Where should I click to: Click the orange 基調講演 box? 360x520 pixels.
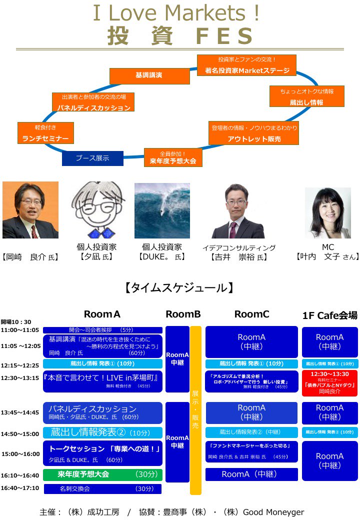(x=149, y=75)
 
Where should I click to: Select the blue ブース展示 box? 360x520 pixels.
(x=92, y=158)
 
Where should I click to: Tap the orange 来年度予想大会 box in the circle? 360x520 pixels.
(x=173, y=157)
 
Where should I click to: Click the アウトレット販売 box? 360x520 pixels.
(x=254, y=133)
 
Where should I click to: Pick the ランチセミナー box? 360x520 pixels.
(x=45, y=133)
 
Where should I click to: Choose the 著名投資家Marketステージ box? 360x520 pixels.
(x=247, y=65)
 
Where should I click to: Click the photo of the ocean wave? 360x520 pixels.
(x=162, y=210)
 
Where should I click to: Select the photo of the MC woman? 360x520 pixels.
(x=328, y=212)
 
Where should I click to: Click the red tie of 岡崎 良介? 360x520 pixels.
(x=33, y=231)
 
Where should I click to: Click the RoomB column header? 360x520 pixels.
(x=183, y=314)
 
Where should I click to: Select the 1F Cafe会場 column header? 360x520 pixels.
(x=330, y=315)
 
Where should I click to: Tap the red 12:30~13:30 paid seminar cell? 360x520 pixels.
(x=329, y=383)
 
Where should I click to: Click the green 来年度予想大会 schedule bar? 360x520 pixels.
(x=102, y=474)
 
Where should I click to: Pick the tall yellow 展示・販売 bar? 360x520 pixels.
(x=195, y=410)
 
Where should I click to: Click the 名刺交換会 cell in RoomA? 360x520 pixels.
(x=103, y=488)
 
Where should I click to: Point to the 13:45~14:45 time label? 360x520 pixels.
(x=20, y=413)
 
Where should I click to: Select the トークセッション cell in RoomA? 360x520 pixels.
(x=102, y=453)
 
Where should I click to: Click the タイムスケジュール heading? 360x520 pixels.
(x=178, y=288)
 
